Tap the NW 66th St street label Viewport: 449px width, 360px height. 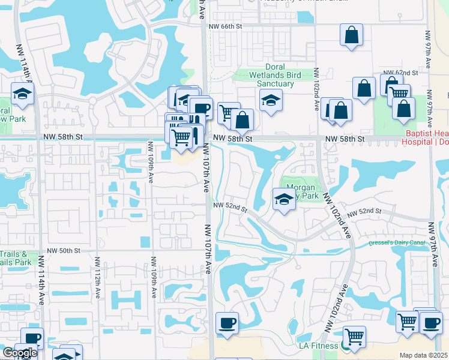tap(225, 26)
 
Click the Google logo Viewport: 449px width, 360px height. tap(20, 353)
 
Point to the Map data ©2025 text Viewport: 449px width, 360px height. tap(423, 355)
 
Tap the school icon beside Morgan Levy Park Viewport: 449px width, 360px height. tap(283, 199)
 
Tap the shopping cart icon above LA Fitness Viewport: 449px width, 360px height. tap(354, 335)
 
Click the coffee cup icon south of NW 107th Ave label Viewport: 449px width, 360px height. tap(227, 323)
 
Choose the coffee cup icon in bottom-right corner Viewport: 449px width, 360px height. tap(430, 322)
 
